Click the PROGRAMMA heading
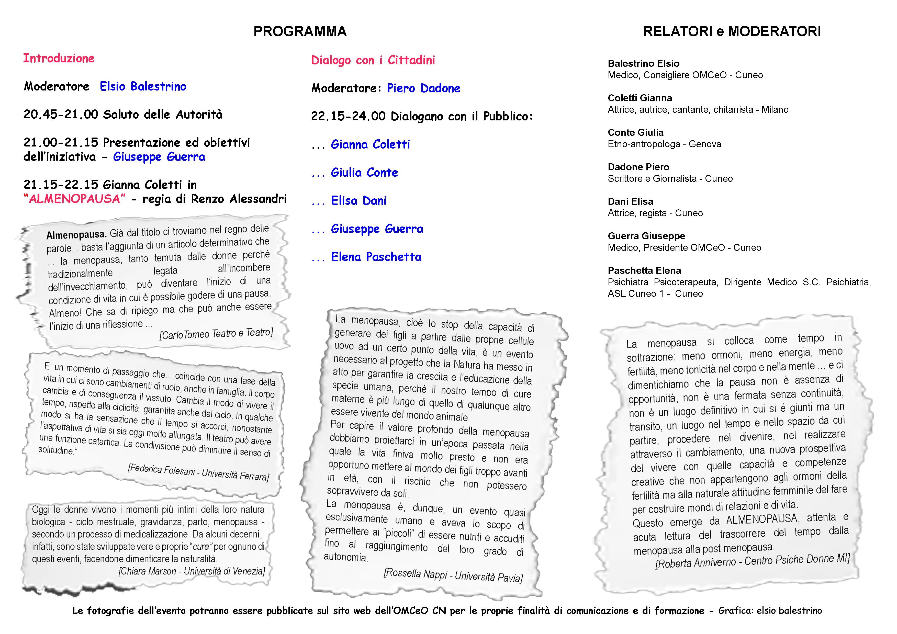[300, 31]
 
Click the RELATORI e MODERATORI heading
[732, 31]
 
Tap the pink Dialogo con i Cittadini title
[373, 60]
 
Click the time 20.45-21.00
[61, 115]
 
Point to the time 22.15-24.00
[348, 116]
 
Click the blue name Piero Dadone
[423, 88]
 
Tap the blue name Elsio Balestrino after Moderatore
[143, 86]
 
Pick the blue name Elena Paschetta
[376, 257]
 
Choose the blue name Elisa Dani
[359, 201]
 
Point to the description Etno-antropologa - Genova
[664, 144]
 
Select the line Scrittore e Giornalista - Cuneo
[670, 178]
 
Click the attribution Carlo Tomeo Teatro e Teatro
[216, 334]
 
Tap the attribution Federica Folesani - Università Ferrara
[198, 473]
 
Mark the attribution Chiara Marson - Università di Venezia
[192, 571]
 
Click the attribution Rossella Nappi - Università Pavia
[453, 575]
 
